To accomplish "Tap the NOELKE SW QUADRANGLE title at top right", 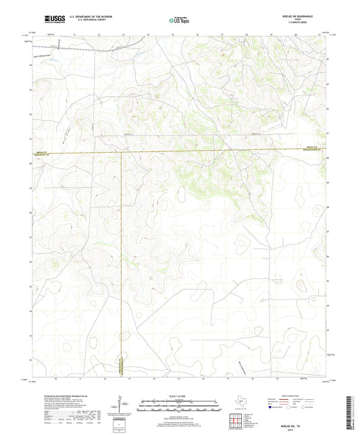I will click(301, 16).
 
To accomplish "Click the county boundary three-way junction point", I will click(122, 153).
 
